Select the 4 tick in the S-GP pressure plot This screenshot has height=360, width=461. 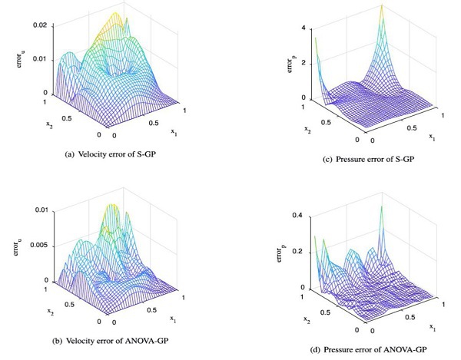coord(304,28)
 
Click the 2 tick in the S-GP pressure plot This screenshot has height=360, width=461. coord(304,63)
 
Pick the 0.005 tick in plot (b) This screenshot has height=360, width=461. coord(36,245)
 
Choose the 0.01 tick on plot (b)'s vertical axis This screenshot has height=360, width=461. coord(40,210)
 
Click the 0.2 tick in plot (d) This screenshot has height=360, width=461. coord(299,253)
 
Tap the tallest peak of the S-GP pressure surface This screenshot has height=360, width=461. coord(381,8)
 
